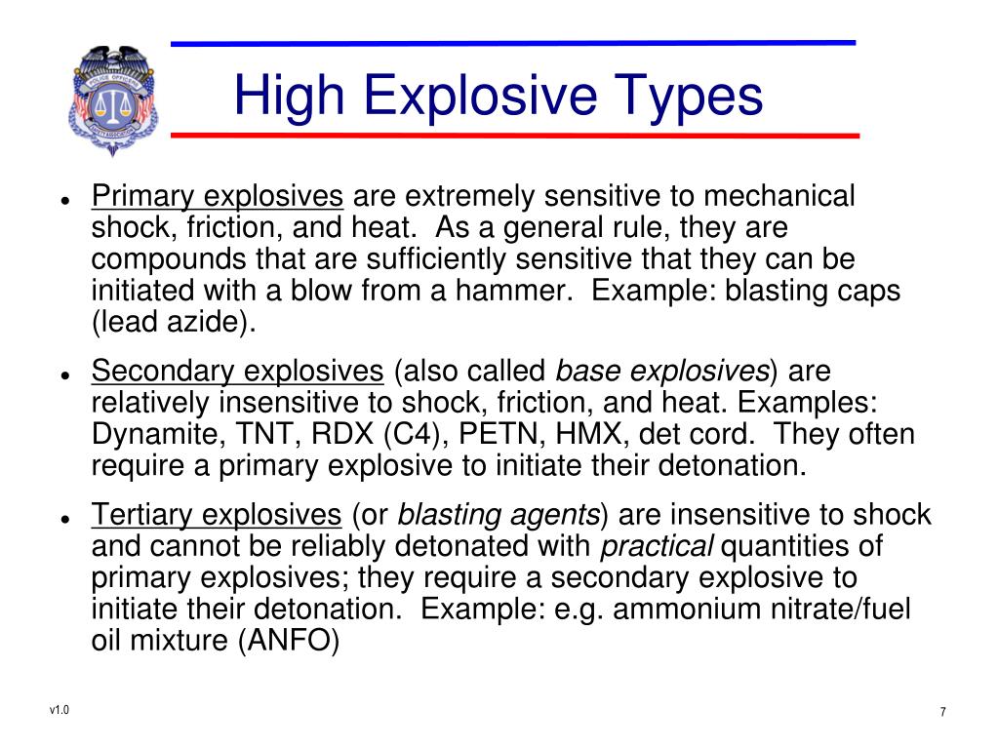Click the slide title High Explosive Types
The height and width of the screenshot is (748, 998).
(x=498, y=96)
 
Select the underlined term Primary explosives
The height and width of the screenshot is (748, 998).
(x=218, y=197)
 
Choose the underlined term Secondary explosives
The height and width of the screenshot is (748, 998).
(x=238, y=372)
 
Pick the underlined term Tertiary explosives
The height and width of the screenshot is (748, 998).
(x=217, y=515)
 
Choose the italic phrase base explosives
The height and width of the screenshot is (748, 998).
(x=662, y=372)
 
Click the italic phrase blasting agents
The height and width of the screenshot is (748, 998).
(x=499, y=515)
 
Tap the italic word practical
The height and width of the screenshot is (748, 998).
(x=657, y=546)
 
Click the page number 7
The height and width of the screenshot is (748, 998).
(x=942, y=712)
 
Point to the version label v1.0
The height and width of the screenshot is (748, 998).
(x=60, y=709)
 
